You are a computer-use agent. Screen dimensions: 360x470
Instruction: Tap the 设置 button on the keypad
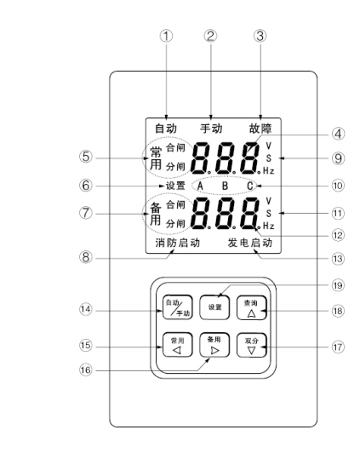click(x=214, y=307)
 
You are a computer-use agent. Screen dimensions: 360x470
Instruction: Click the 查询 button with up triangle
click(x=251, y=308)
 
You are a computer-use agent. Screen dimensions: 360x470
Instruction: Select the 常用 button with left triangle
click(x=177, y=345)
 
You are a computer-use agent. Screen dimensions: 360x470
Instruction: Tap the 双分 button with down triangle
click(x=251, y=345)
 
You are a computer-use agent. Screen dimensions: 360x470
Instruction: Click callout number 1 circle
click(x=166, y=36)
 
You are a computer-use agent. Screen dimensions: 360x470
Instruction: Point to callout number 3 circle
click(x=260, y=36)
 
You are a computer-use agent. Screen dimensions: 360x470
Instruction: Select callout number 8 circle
click(x=86, y=257)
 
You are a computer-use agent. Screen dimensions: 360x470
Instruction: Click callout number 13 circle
click(x=338, y=258)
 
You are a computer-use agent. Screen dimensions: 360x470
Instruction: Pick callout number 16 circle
click(x=85, y=370)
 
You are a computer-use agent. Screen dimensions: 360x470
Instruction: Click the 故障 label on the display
click(x=260, y=129)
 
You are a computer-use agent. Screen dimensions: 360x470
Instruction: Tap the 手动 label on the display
click(x=211, y=129)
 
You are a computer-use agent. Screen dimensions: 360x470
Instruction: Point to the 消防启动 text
click(x=178, y=243)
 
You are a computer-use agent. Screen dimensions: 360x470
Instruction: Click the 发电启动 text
click(x=250, y=243)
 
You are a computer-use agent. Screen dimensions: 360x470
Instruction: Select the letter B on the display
click(x=225, y=186)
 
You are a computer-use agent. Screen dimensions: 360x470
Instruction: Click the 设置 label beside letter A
click(x=176, y=186)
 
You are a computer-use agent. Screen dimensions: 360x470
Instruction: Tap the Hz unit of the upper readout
click(x=269, y=171)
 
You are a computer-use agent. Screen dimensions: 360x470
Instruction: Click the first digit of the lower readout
click(x=201, y=214)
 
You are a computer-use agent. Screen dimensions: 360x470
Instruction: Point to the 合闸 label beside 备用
click(x=175, y=204)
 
